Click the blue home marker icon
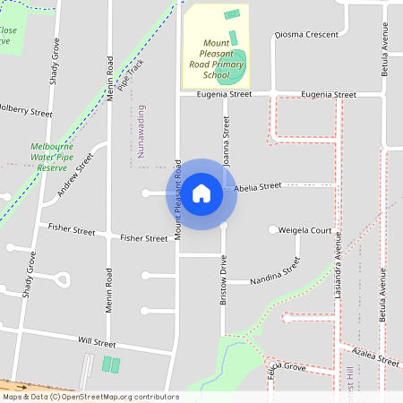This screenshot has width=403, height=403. pos(201,193)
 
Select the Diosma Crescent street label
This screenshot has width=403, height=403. pos(306,35)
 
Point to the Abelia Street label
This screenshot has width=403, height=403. pos(258,188)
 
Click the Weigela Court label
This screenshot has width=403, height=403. pos(305,230)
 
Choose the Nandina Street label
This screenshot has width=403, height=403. pos(275,271)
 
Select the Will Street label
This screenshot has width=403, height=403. pos(97,342)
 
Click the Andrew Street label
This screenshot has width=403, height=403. pos(75,176)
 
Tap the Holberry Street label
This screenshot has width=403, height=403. pos(25,111)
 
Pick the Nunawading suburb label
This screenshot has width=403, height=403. pos(141,131)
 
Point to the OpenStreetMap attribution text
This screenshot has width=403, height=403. pos(90,397)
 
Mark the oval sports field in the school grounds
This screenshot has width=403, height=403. pos(236,62)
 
